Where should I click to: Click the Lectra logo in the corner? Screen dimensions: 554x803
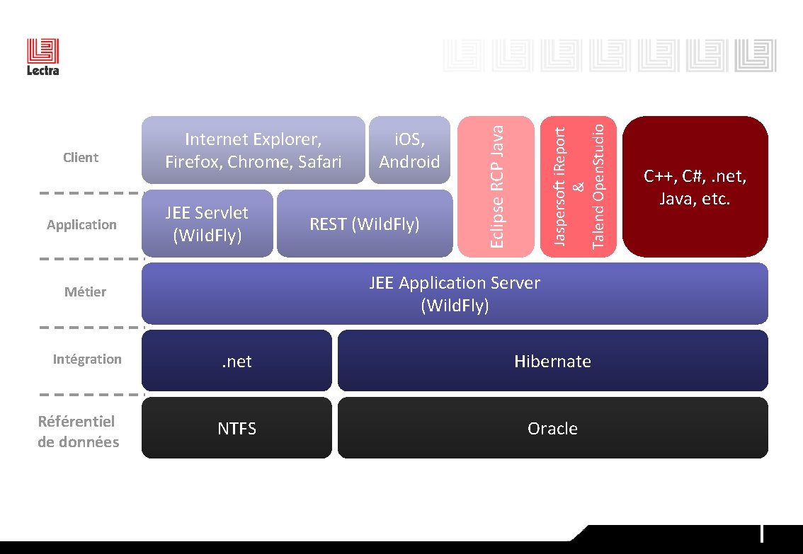click(x=42, y=57)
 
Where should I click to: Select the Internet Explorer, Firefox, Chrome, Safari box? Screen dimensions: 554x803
click(x=253, y=150)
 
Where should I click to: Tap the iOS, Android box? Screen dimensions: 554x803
click(x=409, y=150)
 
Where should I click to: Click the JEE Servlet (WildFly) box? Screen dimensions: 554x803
click(x=207, y=223)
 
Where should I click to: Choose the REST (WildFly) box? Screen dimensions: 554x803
click(x=364, y=224)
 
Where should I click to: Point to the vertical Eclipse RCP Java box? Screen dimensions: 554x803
click(x=496, y=186)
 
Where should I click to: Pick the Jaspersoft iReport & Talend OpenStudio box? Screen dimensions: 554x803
click(x=578, y=186)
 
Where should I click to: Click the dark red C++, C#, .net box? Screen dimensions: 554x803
click(x=695, y=186)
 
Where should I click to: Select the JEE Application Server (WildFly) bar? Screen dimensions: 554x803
click(x=454, y=294)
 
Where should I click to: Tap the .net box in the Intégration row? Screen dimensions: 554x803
click(x=237, y=361)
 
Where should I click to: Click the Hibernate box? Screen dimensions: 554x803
click(x=552, y=361)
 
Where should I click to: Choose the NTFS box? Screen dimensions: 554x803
click(x=237, y=428)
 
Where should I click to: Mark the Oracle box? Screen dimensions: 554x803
click(x=552, y=428)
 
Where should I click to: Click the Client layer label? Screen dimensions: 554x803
click(x=81, y=157)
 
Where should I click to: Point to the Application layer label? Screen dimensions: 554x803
click(x=81, y=224)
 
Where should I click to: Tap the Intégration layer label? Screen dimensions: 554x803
click(x=87, y=359)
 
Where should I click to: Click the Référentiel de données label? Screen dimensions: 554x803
click(x=78, y=432)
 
